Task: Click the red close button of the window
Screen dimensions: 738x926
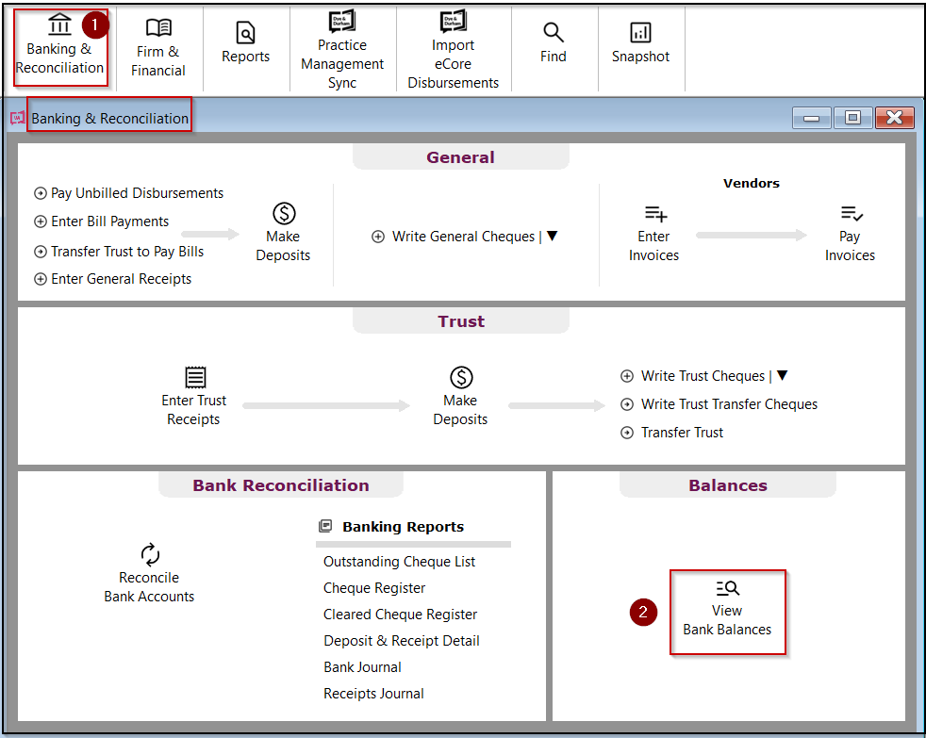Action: pyautogui.click(x=894, y=118)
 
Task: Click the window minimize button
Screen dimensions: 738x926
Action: pyautogui.click(x=811, y=118)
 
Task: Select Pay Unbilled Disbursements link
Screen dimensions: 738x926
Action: pyautogui.click(x=137, y=193)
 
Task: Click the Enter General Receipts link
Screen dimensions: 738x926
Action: pyautogui.click(x=121, y=279)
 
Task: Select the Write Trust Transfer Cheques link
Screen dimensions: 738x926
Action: pyautogui.click(x=728, y=404)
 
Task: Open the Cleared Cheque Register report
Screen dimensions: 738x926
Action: pyautogui.click(x=400, y=615)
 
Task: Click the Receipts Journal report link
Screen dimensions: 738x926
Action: pyautogui.click(x=373, y=694)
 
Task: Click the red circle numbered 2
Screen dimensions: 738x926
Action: pyautogui.click(x=643, y=612)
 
